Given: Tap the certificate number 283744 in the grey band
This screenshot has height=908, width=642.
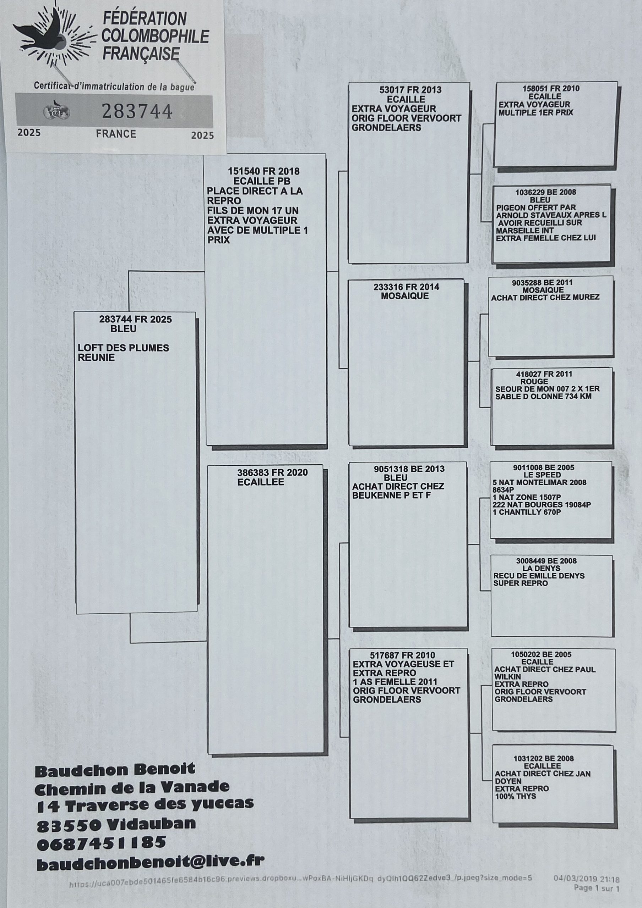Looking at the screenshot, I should coord(137,111).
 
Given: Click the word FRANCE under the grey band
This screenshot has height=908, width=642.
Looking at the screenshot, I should coord(116,134).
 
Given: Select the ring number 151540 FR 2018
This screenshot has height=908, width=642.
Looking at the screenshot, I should coord(263,171).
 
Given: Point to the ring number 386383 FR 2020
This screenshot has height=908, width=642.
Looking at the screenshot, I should coord(272,472).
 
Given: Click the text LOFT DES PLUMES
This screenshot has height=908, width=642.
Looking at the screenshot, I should coord(124,348).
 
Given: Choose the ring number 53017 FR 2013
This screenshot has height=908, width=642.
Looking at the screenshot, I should coord(410,90).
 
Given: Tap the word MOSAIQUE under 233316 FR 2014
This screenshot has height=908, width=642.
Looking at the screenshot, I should coord(404,296).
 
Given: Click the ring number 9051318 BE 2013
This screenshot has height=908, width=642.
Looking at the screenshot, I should coord(409,469).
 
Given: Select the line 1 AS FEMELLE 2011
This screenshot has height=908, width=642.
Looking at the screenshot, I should coord(395,682).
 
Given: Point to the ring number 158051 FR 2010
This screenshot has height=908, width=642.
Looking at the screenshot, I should coord(551,89).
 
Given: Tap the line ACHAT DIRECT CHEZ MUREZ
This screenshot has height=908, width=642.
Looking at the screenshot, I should coord(545,297).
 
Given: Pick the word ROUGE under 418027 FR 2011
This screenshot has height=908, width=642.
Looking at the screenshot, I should coord(534,381).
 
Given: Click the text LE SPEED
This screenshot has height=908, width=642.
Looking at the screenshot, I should coord(542,475).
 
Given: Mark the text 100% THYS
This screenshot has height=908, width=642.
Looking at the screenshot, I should coord(515,796).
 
